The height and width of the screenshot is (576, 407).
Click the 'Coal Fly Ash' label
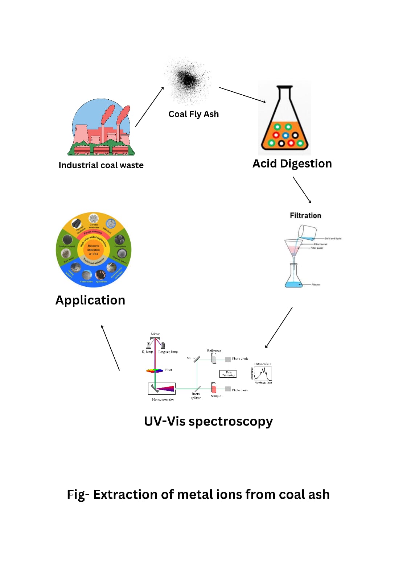pyautogui.click(x=193, y=114)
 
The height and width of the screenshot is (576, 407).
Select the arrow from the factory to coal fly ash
pyautogui.click(x=149, y=107)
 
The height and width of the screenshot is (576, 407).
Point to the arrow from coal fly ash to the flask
pyautogui.click(x=242, y=95)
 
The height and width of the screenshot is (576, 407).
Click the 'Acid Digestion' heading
pyautogui.click(x=292, y=163)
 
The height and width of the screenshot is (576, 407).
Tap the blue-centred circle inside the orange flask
pyautogui.click(x=285, y=136)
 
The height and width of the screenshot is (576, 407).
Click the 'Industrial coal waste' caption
pyautogui.click(x=101, y=165)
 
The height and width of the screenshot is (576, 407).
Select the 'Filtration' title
pyautogui.click(x=305, y=216)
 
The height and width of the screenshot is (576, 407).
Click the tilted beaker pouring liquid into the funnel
pyautogui.click(x=307, y=232)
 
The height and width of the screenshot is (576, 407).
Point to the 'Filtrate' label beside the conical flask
pyautogui.click(x=316, y=285)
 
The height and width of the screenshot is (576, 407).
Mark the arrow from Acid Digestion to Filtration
pyautogui.click(x=302, y=190)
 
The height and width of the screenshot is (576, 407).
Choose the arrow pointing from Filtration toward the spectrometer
pyautogui.click(x=279, y=328)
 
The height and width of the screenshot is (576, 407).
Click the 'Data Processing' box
pyautogui.click(x=228, y=374)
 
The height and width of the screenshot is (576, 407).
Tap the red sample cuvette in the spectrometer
pyautogui.click(x=214, y=388)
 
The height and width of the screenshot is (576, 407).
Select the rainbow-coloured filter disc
pyautogui.click(x=155, y=370)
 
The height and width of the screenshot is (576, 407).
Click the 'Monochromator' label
pyautogui.click(x=163, y=399)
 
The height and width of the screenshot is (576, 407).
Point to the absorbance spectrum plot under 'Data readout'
pyautogui.click(x=263, y=373)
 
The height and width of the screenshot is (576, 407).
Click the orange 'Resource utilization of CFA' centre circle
pyautogui.click(x=93, y=250)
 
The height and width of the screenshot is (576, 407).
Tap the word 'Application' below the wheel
pyautogui.click(x=90, y=300)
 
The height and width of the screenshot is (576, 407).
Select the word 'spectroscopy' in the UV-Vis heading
pyautogui.click(x=230, y=422)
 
